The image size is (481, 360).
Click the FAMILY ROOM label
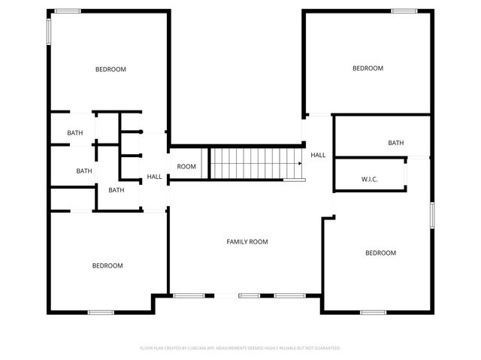tap(247, 242)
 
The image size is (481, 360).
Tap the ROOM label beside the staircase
tap(186, 167)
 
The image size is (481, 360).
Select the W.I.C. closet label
tap(369, 180)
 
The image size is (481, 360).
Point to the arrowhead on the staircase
tap(299, 163)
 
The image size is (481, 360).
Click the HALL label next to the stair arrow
tap(318, 155)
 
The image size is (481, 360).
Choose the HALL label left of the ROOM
tap(154, 177)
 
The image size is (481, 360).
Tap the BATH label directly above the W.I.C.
tap(395, 143)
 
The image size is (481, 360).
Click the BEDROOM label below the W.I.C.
tap(380, 253)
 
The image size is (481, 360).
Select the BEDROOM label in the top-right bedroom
tap(368, 68)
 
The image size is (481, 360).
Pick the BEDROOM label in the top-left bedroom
tap(110, 69)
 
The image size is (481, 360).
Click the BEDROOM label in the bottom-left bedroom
tap(107, 265)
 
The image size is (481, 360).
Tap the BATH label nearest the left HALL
tap(116, 190)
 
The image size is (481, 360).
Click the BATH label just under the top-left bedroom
tap(75, 133)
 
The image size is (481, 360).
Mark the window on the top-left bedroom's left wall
tap(50, 30)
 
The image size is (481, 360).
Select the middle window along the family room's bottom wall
tap(249, 295)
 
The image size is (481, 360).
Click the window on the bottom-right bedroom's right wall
tap(432, 214)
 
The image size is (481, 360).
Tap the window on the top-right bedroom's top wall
tap(404, 11)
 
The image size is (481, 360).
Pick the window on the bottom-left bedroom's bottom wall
tap(100, 312)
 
